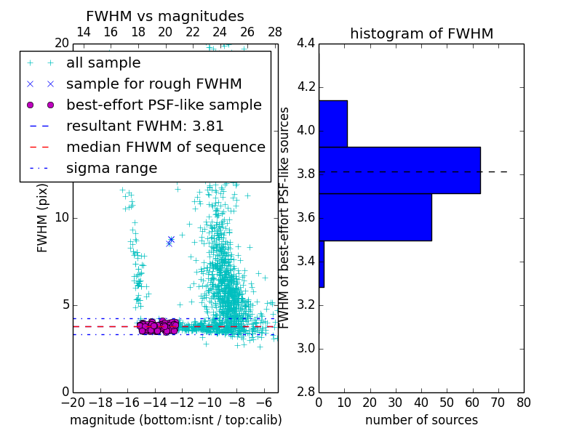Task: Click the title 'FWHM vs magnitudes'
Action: click(165, 17)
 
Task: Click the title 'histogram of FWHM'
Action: click(421, 33)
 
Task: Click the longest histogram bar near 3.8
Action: click(399, 170)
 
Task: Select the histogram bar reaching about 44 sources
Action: click(375, 217)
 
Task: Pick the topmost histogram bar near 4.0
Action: click(332, 124)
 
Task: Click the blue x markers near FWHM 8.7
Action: click(170, 241)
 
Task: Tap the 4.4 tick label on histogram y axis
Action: click(306, 44)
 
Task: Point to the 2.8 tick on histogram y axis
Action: click(306, 392)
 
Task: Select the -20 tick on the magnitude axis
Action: click(73, 402)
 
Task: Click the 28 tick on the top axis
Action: click(275, 32)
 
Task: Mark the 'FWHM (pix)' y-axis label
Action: click(43, 218)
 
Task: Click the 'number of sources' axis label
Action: click(421, 420)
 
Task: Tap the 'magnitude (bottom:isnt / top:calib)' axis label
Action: click(175, 420)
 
